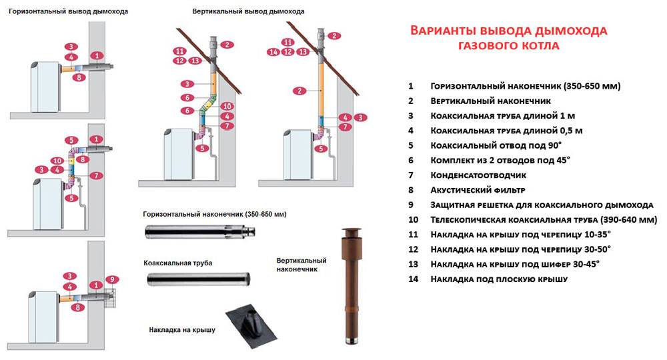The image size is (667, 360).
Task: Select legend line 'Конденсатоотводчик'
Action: [x=479, y=175]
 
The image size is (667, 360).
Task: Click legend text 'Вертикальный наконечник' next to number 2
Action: [x=490, y=101]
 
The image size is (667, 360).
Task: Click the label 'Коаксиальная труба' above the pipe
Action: [x=178, y=263]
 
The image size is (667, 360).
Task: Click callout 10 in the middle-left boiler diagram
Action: [x=58, y=161]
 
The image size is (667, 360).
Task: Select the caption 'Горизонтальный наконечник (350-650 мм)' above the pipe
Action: [x=214, y=215]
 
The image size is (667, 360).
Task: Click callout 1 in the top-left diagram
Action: [x=99, y=55]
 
